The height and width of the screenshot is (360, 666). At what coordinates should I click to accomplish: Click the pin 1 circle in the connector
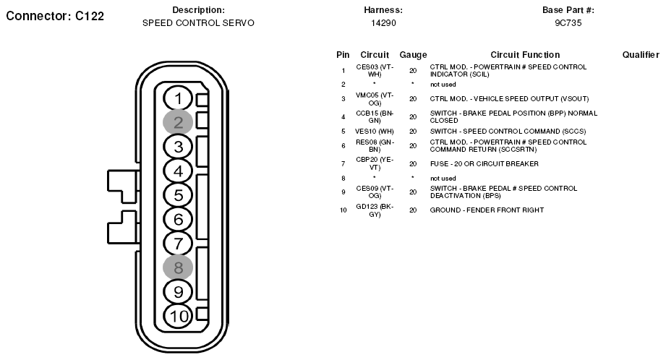click(x=178, y=98)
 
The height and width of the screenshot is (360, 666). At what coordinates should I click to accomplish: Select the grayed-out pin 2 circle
click(x=178, y=122)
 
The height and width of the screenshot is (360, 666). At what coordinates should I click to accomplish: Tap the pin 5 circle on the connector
click(x=178, y=195)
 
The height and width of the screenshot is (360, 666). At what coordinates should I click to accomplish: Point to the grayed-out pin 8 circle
click(x=178, y=268)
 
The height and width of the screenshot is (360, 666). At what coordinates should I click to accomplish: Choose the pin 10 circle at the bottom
click(x=178, y=317)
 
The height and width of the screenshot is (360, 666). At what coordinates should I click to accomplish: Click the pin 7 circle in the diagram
click(x=178, y=244)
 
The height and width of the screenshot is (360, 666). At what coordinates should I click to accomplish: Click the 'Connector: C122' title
click(x=55, y=16)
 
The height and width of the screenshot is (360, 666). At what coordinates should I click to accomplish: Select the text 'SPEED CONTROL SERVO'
click(x=198, y=23)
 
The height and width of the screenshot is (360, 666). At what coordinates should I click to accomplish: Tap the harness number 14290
click(x=383, y=23)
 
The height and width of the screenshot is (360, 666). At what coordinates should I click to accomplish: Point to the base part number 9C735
click(x=568, y=23)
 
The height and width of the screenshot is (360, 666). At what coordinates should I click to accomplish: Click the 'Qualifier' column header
click(x=641, y=55)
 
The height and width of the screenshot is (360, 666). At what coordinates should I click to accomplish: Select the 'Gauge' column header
click(x=413, y=55)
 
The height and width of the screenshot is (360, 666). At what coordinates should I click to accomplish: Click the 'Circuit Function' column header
click(x=525, y=55)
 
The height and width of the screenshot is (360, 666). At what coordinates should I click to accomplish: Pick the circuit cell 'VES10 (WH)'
click(x=374, y=132)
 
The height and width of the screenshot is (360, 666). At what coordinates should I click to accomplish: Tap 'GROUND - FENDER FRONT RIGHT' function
click(x=487, y=210)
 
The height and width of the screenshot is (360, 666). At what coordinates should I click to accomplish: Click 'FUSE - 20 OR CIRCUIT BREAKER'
click(x=484, y=164)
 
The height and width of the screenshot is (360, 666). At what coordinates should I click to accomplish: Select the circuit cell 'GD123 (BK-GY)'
click(x=375, y=210)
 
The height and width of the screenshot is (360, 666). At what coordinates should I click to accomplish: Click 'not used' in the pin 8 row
click(x=443, y=179)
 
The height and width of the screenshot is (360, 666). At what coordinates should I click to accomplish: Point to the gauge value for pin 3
click(x=413, y=99)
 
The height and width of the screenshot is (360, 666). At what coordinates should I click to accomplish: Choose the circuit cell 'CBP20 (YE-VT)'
click(x=375, y=164)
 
